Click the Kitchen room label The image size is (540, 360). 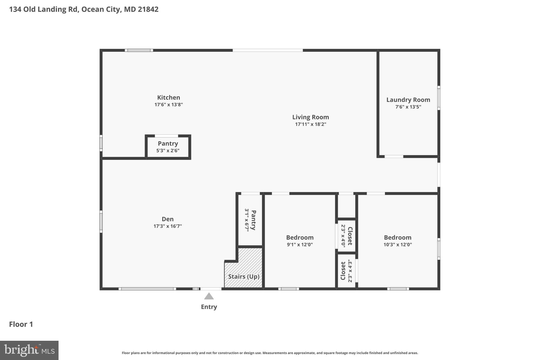pyautogui.click(x=168, y=98)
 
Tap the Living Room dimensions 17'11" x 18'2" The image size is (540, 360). pyautogui.click(x=310, y=124)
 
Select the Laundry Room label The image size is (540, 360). pyautogui.click(x=408, y=100)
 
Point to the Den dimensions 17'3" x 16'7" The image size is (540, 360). pyautogui.click(x=168, y=226)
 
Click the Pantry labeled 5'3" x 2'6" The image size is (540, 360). pyautogui.click(x=168, y=147)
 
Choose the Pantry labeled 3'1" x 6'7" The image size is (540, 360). pyautogui.click(x=250, y=220)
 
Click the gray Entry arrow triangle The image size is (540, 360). pyautogui.click(x=209, y=296)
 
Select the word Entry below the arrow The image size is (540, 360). pyautogui.click(x=209, y=307)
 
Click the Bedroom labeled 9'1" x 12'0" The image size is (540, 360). pyautogui.click(x=300, y=241)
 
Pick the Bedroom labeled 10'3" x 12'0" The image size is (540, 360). pyautogui.click(x=398, y=241)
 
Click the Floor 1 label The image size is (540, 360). pyautogui.click(x=21, y=324)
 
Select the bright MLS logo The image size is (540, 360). pyautogui.click(x=29, y=350)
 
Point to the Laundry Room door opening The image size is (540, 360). pyautogui.click(x=394, y=157)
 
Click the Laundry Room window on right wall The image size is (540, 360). pyautogui.click(x=438, y=98)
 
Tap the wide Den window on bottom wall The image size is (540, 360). pyautogui.click(x=147, y=289)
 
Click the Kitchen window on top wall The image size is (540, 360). pyautogui.click(x=139, y=50)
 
